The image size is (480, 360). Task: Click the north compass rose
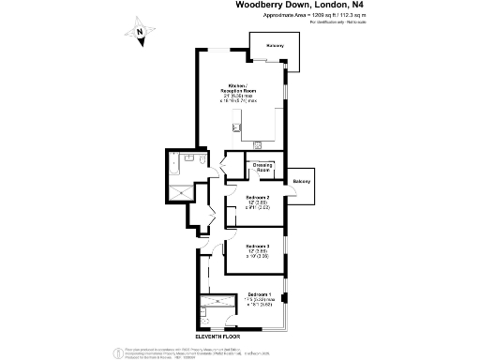pyautogui.click(x=139, y=35)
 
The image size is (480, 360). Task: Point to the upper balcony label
pyautogui.click(x=275, y=45)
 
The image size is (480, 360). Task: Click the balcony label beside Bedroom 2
pyautogui.click(x=301, y=181)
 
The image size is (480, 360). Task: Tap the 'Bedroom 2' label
pyautogui.click(x=258, y=196)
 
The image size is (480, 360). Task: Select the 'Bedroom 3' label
pyautogui.click(x=258, y=246)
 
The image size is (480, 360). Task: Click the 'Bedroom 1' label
pyautogui.click(x=258, y=294)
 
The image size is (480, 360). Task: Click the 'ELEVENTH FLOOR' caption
pyautogui.click(x=217, y=335)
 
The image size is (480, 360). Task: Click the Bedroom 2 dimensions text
pyautogui.click(x=258, y=206)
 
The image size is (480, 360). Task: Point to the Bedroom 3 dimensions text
pyautogui.click(x=258, y=255)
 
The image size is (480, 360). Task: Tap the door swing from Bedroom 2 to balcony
pyautogui.click(x=289, y=191)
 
